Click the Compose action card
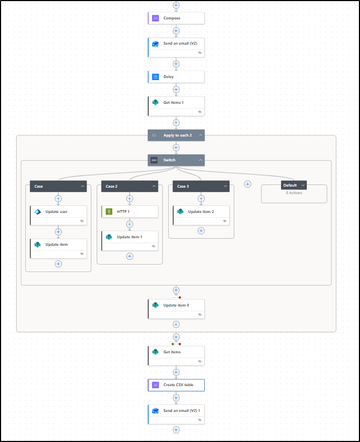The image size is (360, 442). click(176, 18)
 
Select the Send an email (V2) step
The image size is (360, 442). click(176, 46)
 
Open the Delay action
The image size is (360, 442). click(176, 77)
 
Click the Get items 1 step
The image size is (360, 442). click(176, 105)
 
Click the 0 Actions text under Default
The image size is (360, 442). click(294, 193)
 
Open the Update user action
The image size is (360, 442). click(58, 214)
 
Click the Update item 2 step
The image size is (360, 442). click(201, 214)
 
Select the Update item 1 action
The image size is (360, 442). click(129, 239)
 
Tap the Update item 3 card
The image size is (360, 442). click(176, 308)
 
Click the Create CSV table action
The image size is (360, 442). click(176, 385)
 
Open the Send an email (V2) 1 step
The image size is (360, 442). click(176, 413)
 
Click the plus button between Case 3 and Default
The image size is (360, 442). click(248, 184)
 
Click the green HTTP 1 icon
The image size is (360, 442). click(109, 212)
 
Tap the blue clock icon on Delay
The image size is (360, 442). click(155, 77)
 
